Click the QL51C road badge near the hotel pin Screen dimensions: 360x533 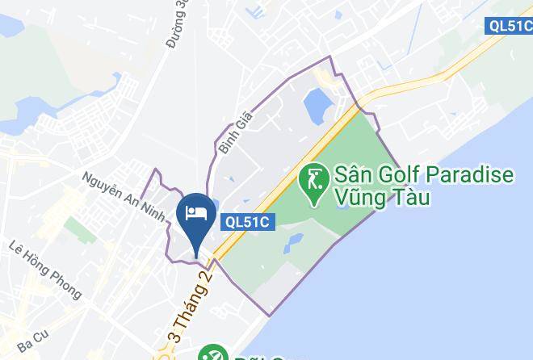[x=247, y=220]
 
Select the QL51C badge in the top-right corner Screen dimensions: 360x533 [x=510, y=26]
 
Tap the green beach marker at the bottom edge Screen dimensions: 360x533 [x=212, y=353]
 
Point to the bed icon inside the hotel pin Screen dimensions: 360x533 [x=194, y=212]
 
